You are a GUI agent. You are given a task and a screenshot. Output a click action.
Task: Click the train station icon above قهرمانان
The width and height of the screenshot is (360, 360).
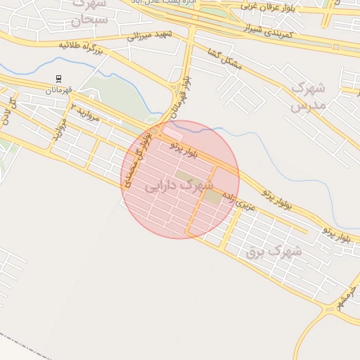(58, 79)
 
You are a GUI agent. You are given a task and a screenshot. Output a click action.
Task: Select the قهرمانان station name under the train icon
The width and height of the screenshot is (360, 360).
(59, 89)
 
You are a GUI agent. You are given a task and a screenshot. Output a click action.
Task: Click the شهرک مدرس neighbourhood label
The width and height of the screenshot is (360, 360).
(308, 97)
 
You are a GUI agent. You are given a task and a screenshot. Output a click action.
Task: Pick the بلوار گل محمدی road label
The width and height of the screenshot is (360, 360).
(137, 160)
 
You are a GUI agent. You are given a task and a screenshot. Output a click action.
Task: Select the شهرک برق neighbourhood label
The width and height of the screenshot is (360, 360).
(274, 250)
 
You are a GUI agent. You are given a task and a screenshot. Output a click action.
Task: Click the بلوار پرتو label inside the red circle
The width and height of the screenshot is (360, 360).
(185, 148)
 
